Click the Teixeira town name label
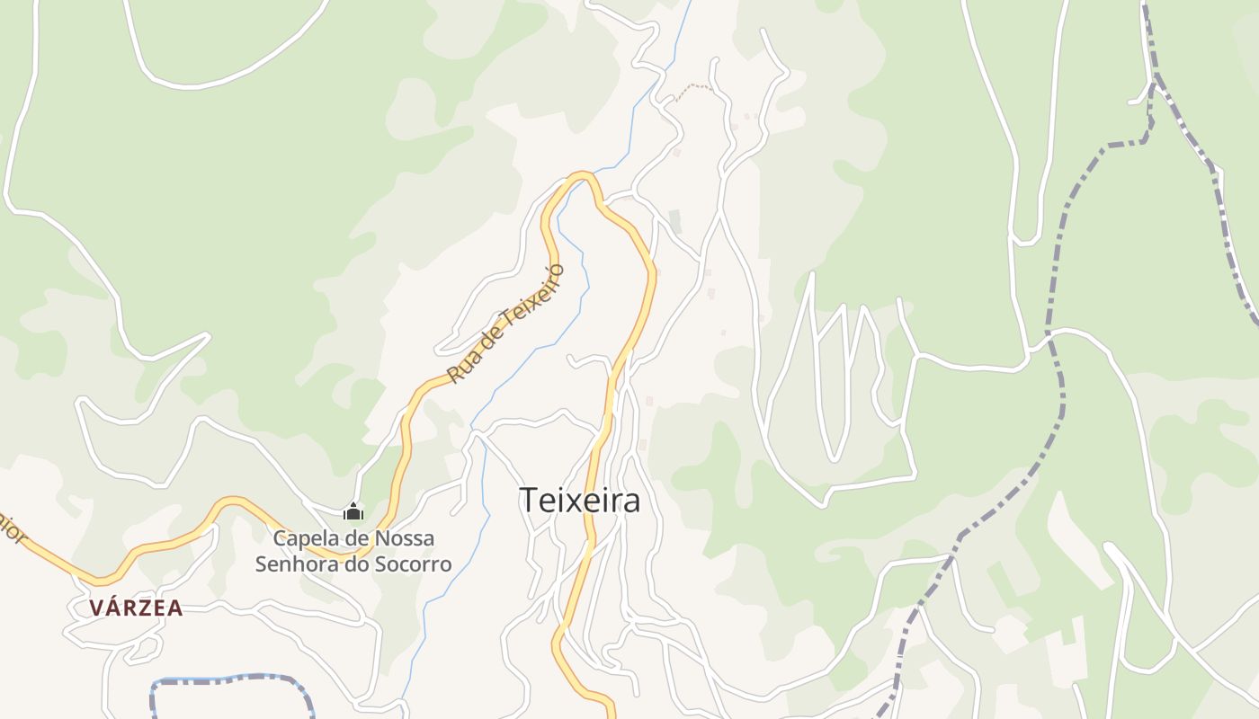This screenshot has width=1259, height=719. click(x=580, y=501)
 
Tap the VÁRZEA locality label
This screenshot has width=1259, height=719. click(x=136, y=608)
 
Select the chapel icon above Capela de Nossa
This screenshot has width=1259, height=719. click(x=353, y=512)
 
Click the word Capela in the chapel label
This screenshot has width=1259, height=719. click(x=302, y=538)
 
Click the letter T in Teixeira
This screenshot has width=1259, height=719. click(x=528, y=501)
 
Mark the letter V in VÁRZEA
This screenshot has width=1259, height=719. click(x=95, y=608)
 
